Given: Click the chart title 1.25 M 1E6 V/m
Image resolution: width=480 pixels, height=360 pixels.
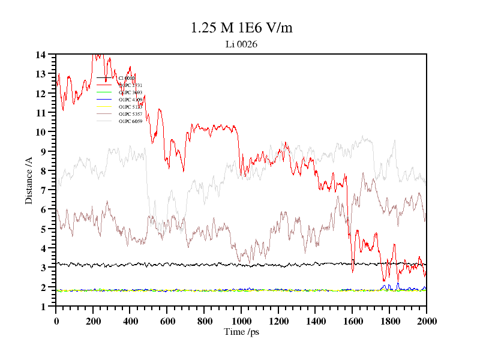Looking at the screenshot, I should (x=241, y=28).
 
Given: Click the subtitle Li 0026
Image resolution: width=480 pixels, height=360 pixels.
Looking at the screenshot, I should (x=241, y=44).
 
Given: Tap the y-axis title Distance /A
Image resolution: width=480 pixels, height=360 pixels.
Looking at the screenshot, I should (x=29, y=180).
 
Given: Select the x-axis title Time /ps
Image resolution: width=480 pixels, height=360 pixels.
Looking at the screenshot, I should (x=241, y=332).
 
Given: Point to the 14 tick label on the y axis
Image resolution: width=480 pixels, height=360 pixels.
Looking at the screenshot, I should (x=41, y=55).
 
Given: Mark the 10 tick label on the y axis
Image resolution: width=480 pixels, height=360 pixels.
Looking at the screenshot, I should (x=41, y=132).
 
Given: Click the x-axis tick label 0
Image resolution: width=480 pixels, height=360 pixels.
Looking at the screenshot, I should (x=56, y=320).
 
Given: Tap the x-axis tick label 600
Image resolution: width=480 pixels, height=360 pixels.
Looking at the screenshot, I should (x=167, y=320).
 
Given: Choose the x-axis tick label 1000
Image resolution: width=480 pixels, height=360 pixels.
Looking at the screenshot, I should (x=241, y=320).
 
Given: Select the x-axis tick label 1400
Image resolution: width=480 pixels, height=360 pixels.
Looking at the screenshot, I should (x=315, y=320).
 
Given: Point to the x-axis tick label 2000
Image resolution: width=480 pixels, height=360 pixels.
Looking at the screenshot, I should (x=426, y=320).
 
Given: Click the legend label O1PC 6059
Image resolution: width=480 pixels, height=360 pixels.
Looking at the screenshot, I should (x=130, y=121).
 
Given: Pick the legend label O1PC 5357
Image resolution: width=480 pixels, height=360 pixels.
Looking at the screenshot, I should (x=130, y=114).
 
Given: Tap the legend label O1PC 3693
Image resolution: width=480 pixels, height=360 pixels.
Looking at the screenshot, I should (x=130, y=92).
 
